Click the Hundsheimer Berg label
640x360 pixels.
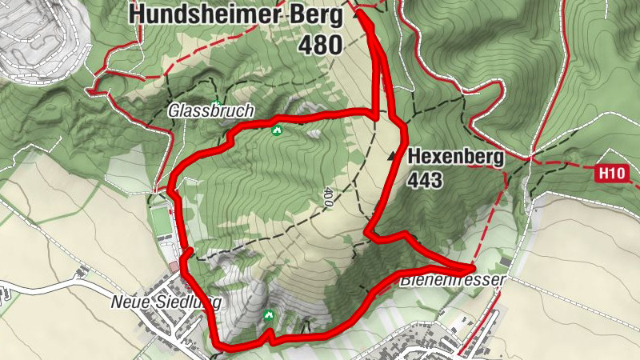click(235, 14)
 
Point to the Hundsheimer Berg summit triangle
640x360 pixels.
click(355, 14)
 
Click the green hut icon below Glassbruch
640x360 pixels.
click(277, 130)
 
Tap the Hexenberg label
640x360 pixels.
click(456, 157)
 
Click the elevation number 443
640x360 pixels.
click(425, 182)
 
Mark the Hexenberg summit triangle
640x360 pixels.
click(392, 157)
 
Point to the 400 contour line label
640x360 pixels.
click(328, 198)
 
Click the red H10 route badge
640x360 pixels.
click(611, 172)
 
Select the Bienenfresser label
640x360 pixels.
click(453, 280)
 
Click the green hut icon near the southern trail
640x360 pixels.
click(269, 315)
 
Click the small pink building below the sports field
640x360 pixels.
click(174, 266)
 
